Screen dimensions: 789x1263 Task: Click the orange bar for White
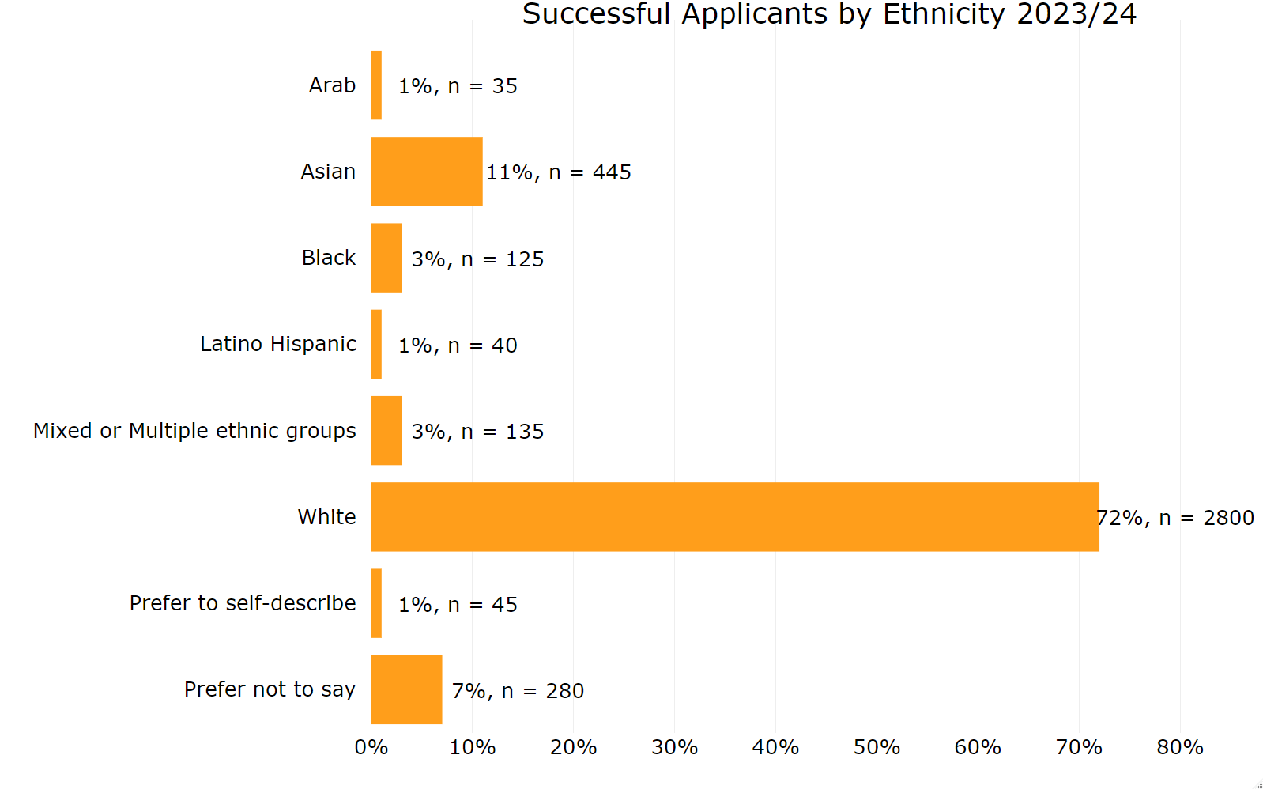pos(735,517)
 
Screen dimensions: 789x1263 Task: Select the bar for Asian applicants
pos(427,172)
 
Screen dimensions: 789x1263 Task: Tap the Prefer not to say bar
pos(406,689)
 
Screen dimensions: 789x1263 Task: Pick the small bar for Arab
pos(376,85)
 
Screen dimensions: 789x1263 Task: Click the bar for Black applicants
pos(386,258)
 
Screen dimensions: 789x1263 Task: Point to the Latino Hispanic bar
pos(376,344)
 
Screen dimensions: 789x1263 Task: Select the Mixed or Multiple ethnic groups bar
pos(386,431)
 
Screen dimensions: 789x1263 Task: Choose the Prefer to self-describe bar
pos(376,603)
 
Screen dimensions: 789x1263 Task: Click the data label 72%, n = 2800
pos(1176,518)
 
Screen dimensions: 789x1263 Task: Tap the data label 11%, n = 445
pos(559,172)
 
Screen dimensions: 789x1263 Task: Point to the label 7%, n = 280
pos(518,691)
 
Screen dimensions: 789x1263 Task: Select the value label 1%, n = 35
pos(458,86)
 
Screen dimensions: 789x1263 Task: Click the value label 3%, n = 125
pos(477,259)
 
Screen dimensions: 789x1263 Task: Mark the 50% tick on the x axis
pos(877,747)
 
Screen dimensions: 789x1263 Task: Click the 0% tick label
pos(371,747)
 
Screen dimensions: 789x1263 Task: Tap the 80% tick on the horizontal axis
pos(1180,747)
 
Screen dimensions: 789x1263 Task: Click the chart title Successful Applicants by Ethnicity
pos(829,14)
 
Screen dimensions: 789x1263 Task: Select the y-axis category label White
pos(326,517)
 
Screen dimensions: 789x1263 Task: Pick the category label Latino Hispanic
pos(277,344)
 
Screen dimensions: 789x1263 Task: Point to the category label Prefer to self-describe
pos(243,603)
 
